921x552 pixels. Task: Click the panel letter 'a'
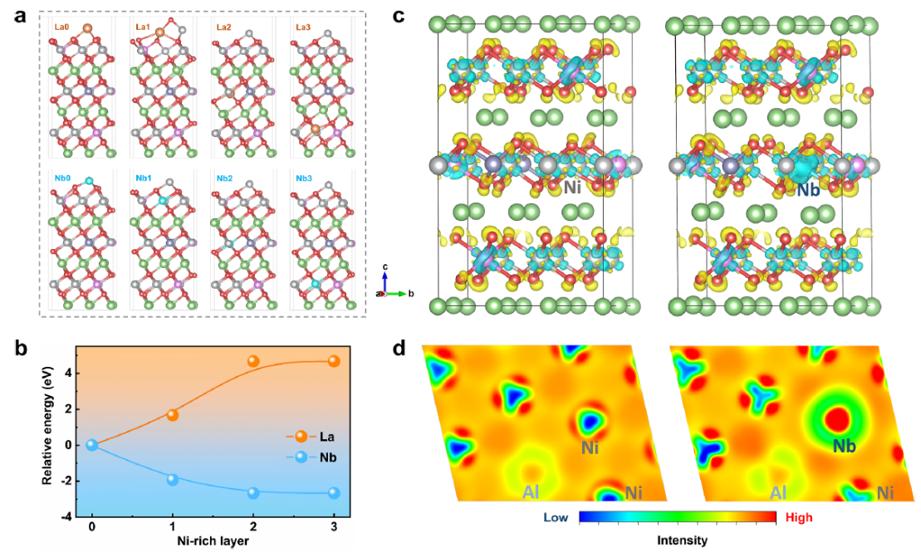tap(21, 16)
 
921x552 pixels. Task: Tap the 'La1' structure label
tap(143, 27)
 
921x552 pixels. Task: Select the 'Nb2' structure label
tap(224, 178)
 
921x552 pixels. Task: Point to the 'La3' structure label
tap(303, 27)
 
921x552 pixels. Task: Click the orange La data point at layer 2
tap(253, 361)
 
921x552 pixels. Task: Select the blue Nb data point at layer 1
tap(172, 479)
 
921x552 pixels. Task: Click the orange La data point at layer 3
tap(334, 361)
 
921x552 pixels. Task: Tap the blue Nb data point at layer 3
tap(334, 493)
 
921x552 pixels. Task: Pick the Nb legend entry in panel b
tap(311, 457)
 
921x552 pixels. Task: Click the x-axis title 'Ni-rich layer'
tap(213, 540)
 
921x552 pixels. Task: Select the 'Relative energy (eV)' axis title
tap(47, 427)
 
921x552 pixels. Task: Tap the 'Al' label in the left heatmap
tap(531, 492)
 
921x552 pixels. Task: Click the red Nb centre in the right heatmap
tap(838, 419)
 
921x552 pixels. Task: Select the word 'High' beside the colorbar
tap(799, 517)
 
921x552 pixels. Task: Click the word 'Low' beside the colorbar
tap(555, 517)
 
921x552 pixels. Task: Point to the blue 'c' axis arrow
tap(385, 280)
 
